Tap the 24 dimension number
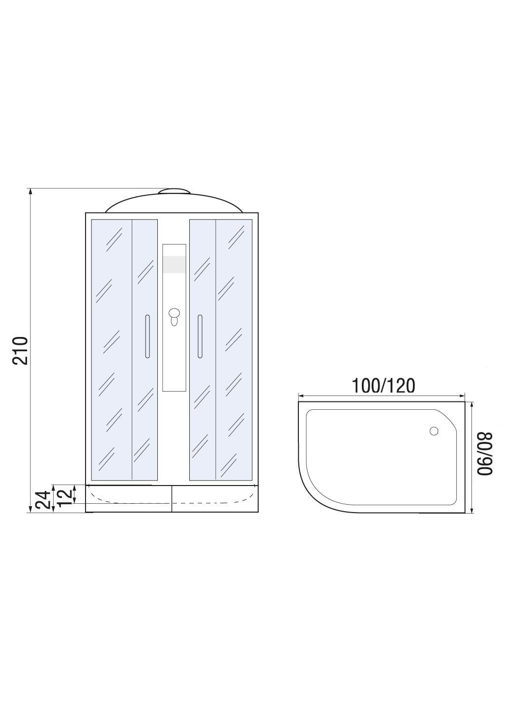[43, 499]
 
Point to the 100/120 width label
[383, 386]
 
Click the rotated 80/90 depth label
[485, 454]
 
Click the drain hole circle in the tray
[434, 431]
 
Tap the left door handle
[147, 336]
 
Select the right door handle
[200, 336]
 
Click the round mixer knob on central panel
[174, 313]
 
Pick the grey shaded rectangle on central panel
[174, 265]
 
